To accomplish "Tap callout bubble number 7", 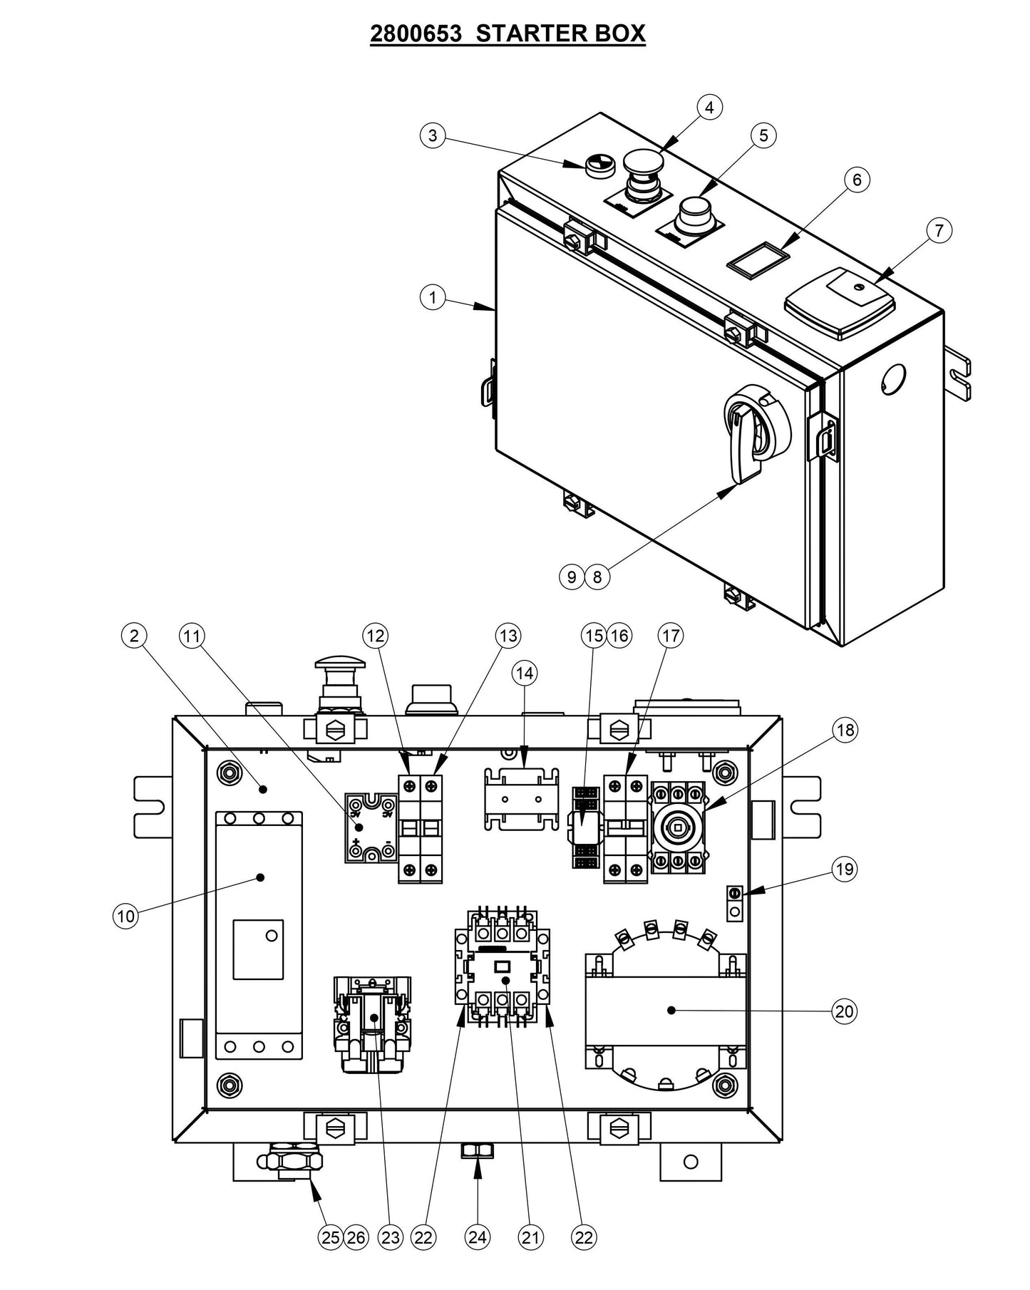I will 939,230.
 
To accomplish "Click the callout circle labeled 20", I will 844,1011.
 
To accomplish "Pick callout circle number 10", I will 125,916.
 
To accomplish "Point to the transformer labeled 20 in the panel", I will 666,1008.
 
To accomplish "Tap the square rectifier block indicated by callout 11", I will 371,827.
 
